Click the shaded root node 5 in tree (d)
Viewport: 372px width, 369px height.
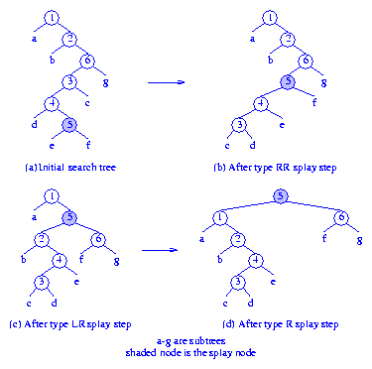tap(281, 195)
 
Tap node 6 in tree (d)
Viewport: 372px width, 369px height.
tap(341, 218)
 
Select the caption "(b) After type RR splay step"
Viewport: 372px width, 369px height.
tap(277, 170)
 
